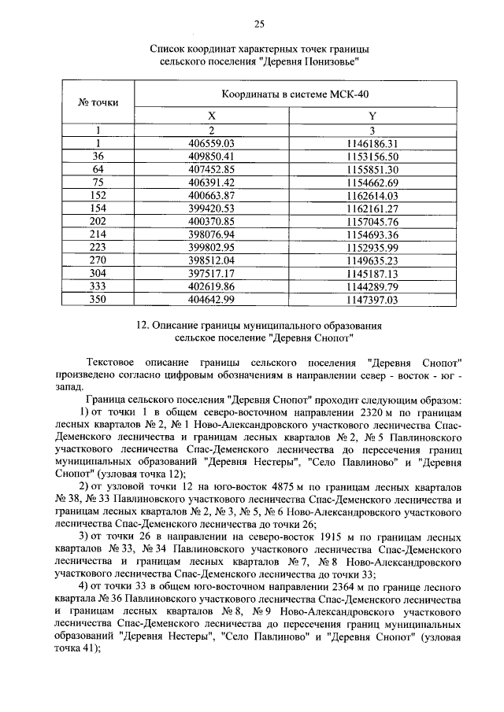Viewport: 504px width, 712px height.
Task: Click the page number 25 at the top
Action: coord(259,21)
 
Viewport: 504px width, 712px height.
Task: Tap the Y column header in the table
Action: coord(372,116)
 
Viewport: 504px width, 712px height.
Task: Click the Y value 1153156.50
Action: coord(372,157)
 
